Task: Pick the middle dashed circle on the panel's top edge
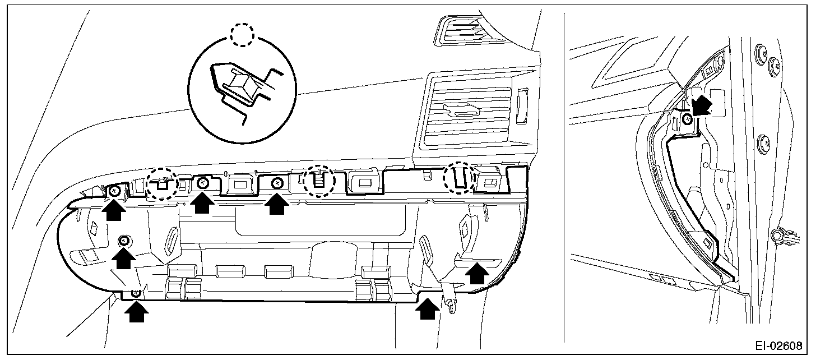(318, 181)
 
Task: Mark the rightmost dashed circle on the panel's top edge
(458, 178)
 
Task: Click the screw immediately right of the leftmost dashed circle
(203, 183)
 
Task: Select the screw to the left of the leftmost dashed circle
(114, 191)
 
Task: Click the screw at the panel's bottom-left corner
(135, 293)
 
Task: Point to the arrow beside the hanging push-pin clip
(428, 308)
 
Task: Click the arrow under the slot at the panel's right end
(478, 273)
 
